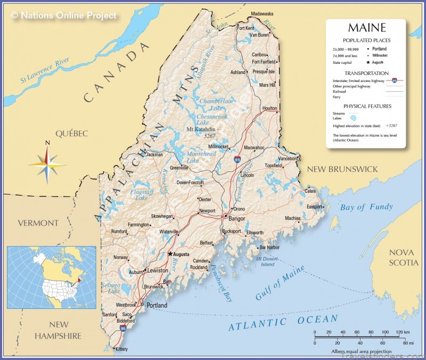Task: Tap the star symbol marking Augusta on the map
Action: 170,253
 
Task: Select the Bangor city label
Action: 236,218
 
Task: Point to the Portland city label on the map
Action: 157,305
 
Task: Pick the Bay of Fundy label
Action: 366,207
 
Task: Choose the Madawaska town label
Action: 262,13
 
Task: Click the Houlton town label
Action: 270,108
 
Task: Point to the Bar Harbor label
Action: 269,247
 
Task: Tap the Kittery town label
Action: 122,349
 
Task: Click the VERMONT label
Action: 38,223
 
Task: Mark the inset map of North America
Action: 51,277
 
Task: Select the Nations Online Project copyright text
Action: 63,15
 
